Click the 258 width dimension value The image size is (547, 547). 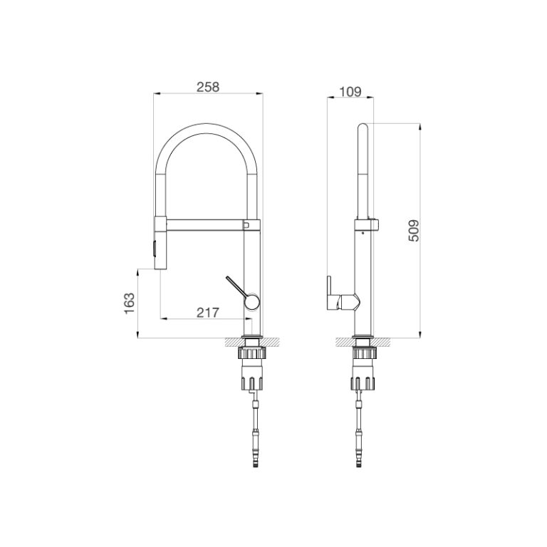point(207,87)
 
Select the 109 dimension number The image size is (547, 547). point(350,92)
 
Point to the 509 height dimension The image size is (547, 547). point(414,230)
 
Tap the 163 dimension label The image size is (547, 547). point(129,303)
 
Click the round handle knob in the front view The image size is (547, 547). point(250,303)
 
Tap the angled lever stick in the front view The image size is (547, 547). point(236,287)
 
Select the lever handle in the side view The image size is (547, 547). point(332,293)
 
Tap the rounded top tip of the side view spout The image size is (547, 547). point(363,126)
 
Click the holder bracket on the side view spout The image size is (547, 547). point(370,225)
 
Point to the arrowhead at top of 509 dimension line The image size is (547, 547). point(421,127)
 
